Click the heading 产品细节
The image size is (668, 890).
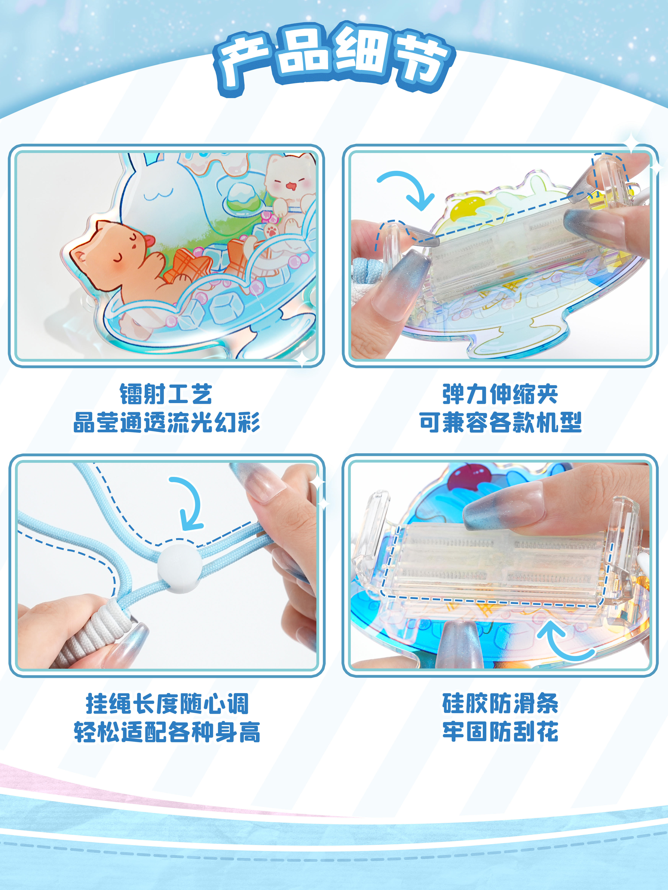tap(334, 58)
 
